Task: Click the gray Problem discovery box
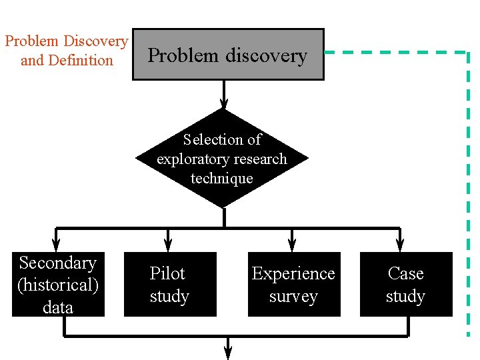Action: [x=228, y=55]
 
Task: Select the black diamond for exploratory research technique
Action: [x=222, y=159]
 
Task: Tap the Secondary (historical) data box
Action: [x=58, y=285]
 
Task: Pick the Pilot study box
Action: [x=170, y=285]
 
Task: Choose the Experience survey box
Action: [x=293, y=285]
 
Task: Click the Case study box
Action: [x=405, y=285]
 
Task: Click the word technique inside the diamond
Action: [x=222, y=179]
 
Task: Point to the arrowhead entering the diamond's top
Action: [x=224, y=103]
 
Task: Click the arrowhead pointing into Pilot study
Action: [x=168, y=245]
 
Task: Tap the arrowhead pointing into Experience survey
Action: [x=291, y=245]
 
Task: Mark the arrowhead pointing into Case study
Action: [x=399, y=245]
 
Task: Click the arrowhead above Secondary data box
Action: [x=56, y=245]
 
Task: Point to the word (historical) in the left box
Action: [x=58, y=285]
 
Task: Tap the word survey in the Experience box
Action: [x=293, y=297]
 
